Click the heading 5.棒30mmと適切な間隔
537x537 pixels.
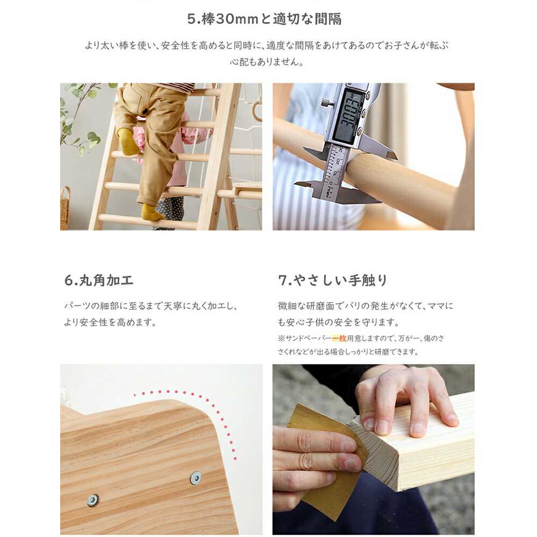(x=264, y=19)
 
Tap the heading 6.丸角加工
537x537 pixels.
(x=99, y=280)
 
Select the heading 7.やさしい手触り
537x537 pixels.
(x=332, y=280)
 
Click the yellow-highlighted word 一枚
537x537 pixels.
(x=339, y=338)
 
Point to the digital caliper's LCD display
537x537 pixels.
(x=345, y=117)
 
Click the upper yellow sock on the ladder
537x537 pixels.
(x=128, y=141)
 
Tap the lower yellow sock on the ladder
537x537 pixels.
(x=152, y=212)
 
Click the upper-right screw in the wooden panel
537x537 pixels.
(x=195, y=478)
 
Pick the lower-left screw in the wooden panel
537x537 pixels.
(x=93, y=500)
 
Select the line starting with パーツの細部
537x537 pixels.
(x=151, y=306)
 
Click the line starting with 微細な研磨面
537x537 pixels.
(x=365, y=306)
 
